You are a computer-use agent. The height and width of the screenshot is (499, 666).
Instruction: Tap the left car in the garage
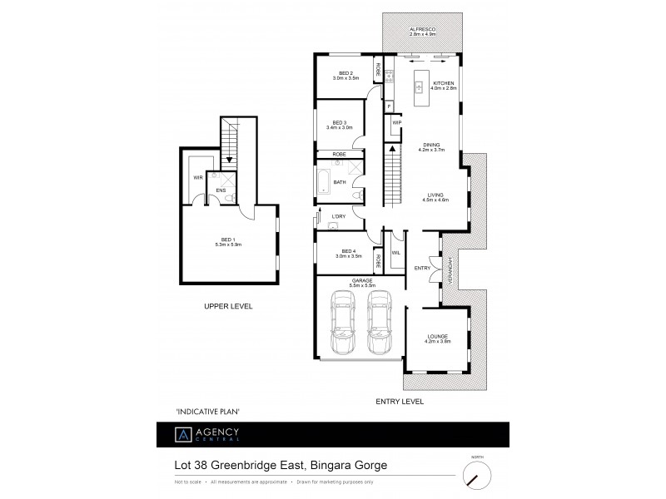click(x=342, y=323)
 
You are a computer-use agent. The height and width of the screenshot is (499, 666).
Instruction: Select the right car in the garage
click(x=380, y=323)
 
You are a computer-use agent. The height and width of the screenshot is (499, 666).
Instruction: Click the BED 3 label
click(x=342, y=125)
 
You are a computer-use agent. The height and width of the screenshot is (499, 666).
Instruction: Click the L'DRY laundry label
click(x=338, y=218)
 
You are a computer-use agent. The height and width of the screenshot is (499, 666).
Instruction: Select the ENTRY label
click(x=422, y=268)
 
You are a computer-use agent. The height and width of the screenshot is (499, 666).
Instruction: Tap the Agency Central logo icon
click(x=181, y=435)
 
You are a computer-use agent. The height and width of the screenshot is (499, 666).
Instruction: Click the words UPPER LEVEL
click(x=228, y=307)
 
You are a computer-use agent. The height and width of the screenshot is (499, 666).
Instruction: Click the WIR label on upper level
click(x=198, y=177)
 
